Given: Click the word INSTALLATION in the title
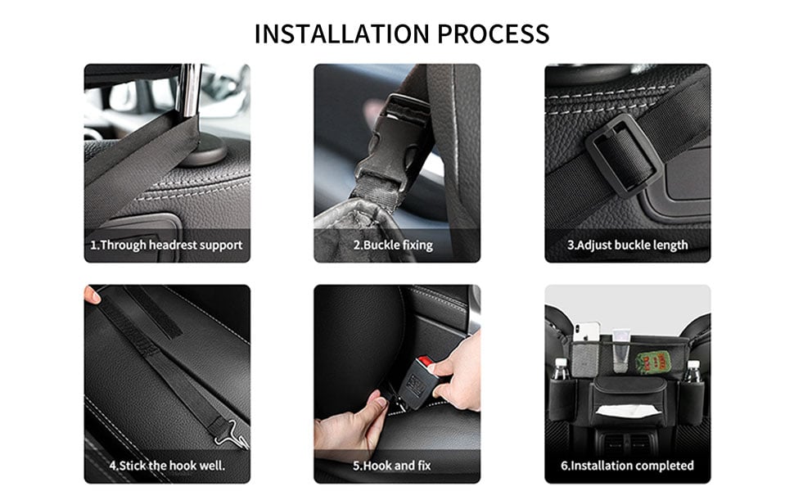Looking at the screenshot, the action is (x=342, y=34).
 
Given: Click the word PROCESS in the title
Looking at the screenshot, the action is (x=493, y=34).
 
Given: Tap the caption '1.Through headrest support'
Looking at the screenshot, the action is (x=167, y=245).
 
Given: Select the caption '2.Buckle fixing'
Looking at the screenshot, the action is (x=393, y=245).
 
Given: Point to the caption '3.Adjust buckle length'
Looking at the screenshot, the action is (x=627, y=245).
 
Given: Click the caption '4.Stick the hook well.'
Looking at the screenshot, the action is (x=167, y=465).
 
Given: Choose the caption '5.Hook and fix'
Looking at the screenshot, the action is (x=392, y=465).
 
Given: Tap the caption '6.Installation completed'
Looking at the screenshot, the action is (x=627, y=465).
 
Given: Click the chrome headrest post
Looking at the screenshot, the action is (x=191, y=91).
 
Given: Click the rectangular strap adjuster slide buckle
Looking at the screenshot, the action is (x=624, y=155).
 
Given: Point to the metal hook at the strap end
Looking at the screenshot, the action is (x=232, y=434).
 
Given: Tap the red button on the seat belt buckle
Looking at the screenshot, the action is (x=426, y=362).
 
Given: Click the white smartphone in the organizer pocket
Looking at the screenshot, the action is (x=586, y=332).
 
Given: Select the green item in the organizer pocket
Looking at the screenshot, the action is (x=652, y=362).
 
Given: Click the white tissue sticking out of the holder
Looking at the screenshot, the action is (x=629, y=410).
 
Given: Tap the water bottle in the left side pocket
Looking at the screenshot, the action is (x=560, y=370).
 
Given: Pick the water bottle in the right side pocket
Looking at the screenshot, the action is (x=692, y=371).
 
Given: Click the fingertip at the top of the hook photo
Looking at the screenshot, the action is (x=92, y=295).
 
